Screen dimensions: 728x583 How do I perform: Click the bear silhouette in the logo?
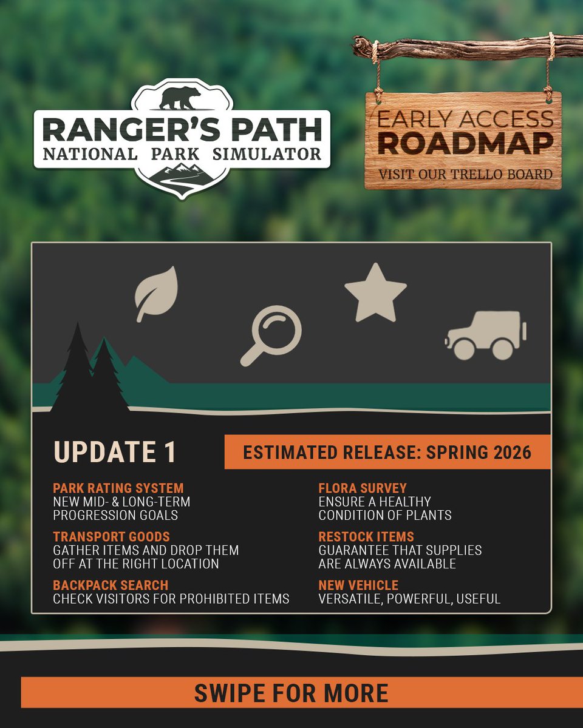point(180,99)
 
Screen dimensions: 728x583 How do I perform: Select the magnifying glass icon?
point(271,335)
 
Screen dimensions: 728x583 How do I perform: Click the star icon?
point(375,294)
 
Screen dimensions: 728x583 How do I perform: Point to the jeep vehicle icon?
point(486,335)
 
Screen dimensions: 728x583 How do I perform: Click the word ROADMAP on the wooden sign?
point(465,143)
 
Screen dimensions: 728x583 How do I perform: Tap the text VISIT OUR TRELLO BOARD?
point(465,175)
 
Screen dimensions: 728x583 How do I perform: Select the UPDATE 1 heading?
point(115,452)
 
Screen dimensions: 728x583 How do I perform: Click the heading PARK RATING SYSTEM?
point(118,488)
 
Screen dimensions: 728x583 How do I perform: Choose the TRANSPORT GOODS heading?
point(111,537)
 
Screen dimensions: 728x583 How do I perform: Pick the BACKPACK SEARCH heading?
point(111,585)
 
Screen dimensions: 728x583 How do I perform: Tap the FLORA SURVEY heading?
point(363,488)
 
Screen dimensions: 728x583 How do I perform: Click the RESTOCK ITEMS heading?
point(366,537)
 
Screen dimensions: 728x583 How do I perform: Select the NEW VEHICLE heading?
point(358,585)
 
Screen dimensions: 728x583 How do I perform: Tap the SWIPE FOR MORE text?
point(291,693)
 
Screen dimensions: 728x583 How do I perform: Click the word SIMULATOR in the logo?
point(267,153)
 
